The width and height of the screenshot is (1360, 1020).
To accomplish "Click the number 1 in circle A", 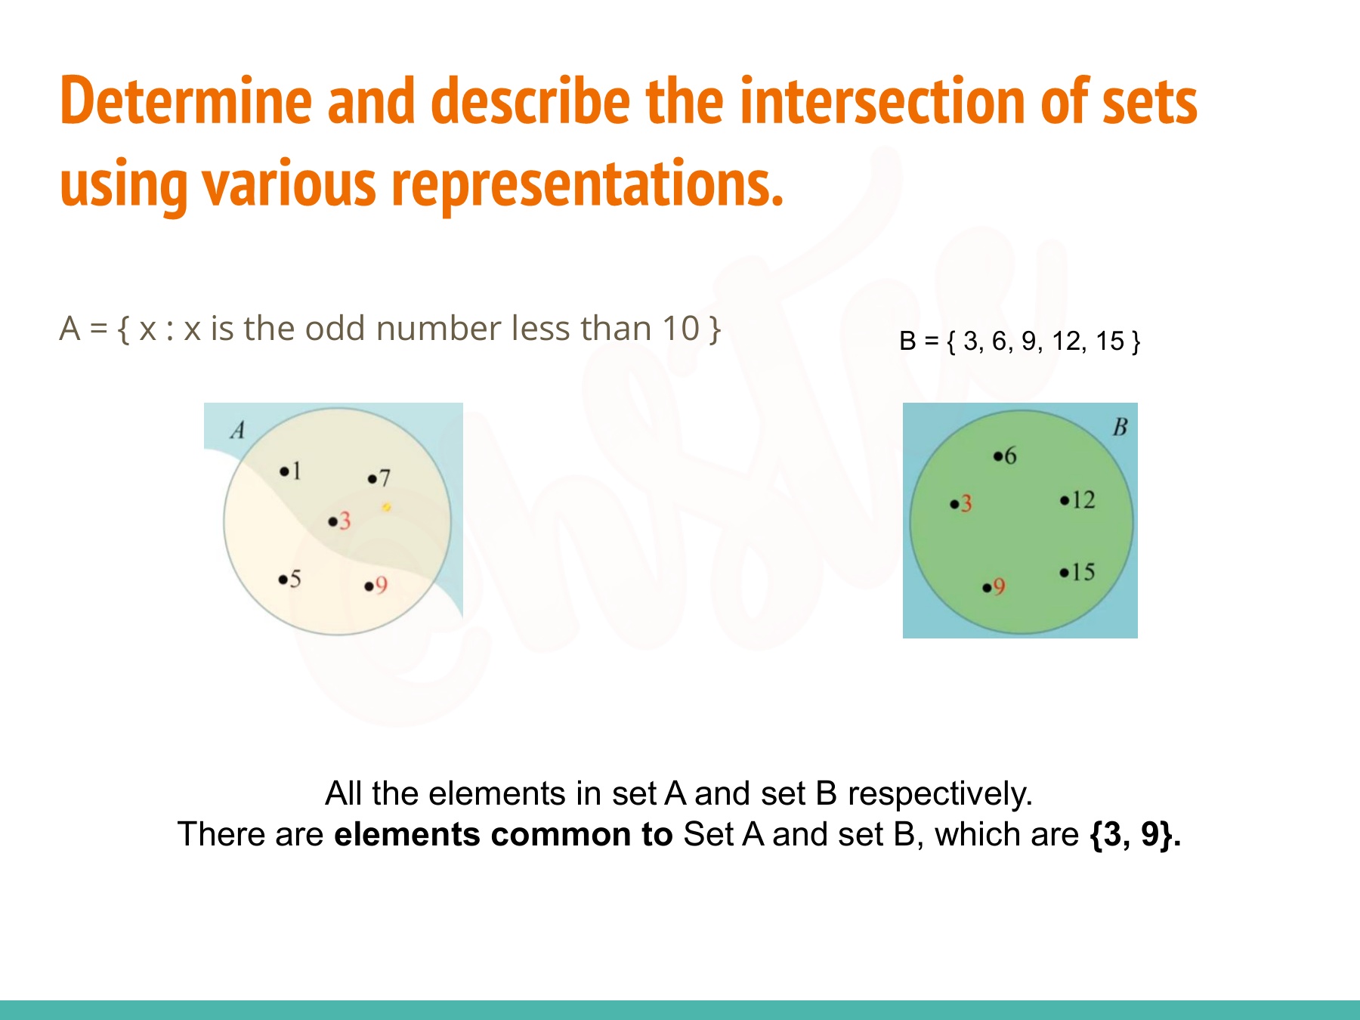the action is pyautogui.click(x=297, y=471).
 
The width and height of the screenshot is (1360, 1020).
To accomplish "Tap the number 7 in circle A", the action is pyautogui.click(x=385, y=478).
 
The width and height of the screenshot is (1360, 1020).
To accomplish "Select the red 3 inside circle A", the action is pyautogui.click(x=345, y=521).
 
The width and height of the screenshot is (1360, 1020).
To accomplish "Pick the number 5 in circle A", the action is pyautogui.click(x=295, y=579).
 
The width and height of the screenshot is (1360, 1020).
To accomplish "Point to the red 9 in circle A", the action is pyautogui.click(x=381, y=585).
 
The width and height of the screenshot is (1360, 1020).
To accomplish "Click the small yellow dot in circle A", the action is pyautogui.click(x=386, y=507).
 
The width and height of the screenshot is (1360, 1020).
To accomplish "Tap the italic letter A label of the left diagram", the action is pyautogui.click(x=237, y=430).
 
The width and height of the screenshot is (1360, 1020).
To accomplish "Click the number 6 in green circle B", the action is pyautogui.click(x=1010, y=456).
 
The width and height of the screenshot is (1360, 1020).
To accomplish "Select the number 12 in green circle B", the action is pyautogui.click(x=1083, y=499).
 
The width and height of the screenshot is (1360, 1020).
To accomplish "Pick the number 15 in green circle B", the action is pyautogui.click(x=1083, y=572).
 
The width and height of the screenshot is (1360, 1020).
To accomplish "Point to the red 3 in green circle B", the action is pyautogui.click(x=966, y=503).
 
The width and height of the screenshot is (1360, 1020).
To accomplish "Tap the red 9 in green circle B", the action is pyautogui.click(x=999, y=587).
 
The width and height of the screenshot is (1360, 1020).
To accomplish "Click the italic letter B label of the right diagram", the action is pyautogui.click(x=1120, y=428).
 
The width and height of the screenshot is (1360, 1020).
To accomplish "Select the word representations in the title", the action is pyautogui.click(x=588, y=184).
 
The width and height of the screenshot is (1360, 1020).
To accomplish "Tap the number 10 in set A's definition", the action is pyautogui.click(x=681, y=329).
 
